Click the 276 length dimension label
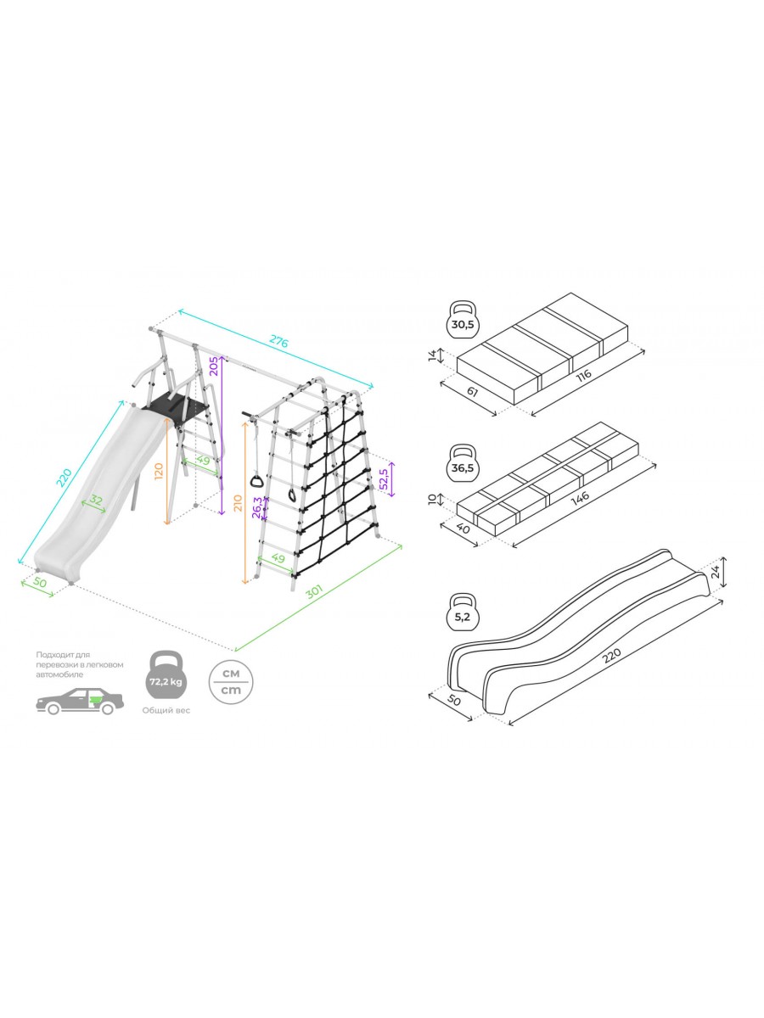pyautogui.click(x=278, y=342)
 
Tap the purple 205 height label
pyautogui.click(x=214, y=366)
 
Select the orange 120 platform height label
pyautogui.click(x=160, y=471)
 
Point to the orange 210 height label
pyautogui.click(x=238, y=503)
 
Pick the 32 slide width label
pyautogui.click(x=96, y=500)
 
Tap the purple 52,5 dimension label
pyautogui.click(x=385, y=479)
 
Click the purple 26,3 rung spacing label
pyautogui.click(x=258, y=507)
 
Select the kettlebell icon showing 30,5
pyautogui.click(x=463, y=318)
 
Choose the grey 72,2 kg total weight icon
pyautogui.click(x=166, y=681)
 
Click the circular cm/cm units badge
pyautogui.click(x=231, y=682)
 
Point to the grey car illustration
pyautogui.click(x=80, y=702)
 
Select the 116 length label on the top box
pyautogui.click(x=583, y=374)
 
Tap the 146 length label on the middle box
pyautogui.click(x=580, y=497)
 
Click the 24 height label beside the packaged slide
pyautogui.click(x=716, y=572)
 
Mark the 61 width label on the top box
pyautogui.click(x=472, y=391)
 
